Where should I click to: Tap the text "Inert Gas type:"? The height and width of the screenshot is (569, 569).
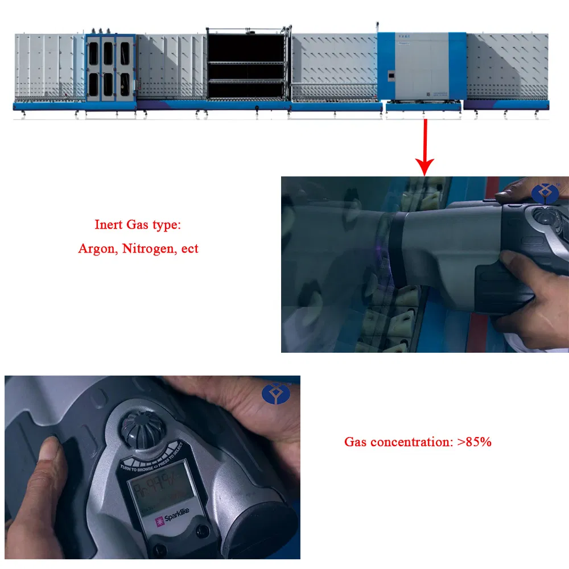138,225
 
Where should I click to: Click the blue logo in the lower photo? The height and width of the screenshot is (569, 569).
273,393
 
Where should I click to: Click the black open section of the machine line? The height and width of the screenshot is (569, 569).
246,63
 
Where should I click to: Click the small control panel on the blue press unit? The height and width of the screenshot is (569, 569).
391,75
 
